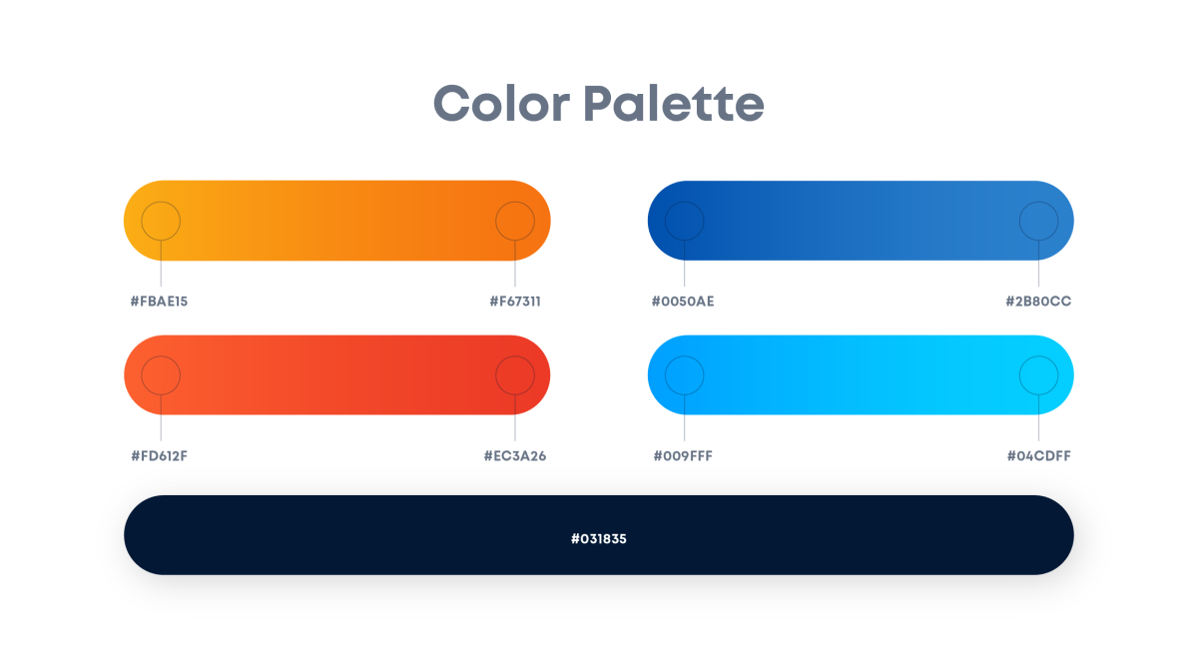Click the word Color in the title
click(501, 103)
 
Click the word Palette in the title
click(673, 103)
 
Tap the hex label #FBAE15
click(159, 302)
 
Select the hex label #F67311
click(515, 302)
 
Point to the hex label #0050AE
click(683, 302)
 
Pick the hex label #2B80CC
click(1038, 302)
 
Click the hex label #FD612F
click(159, 456)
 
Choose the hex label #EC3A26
click(514, 456)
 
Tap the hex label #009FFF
click(683, 456)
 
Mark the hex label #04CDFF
click(1038, 456)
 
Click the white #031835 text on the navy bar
click(598, 539)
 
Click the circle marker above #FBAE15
click(161, 202)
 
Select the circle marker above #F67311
click(515, 202)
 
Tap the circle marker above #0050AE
click(685, 202)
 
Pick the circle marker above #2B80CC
click(1038, 202)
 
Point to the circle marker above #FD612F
click(161, 356)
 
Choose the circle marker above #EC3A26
click(515, 356)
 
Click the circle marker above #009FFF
click(685, 356)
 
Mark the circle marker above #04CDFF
click(1038, 356)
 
